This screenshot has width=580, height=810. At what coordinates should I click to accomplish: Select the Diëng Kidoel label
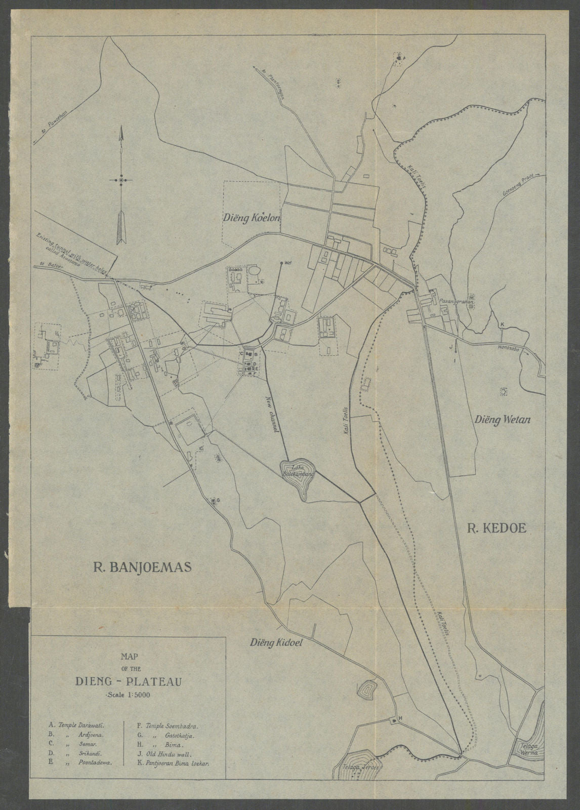(x=275, y=643)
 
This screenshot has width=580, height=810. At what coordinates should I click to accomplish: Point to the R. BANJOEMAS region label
(x=141, y=566)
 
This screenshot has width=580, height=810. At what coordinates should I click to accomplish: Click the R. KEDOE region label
(x=496, y=529)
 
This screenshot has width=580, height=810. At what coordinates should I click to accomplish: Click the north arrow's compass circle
(x=122, y=180)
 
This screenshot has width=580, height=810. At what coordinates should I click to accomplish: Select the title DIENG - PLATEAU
(x=127, y=681)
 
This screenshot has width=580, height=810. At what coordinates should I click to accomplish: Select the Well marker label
(x=288, y=263)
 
